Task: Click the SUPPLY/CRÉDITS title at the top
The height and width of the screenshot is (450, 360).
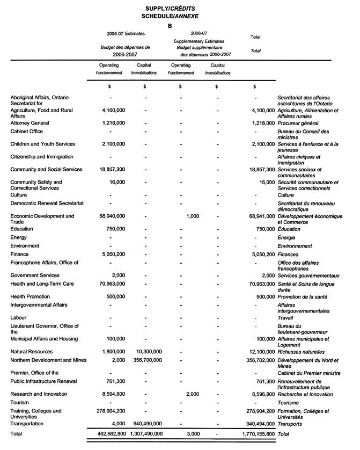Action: pos(170,9)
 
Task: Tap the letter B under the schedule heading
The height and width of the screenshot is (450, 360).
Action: pos(170,25)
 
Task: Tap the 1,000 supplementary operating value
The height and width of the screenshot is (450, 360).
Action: pos(192,216)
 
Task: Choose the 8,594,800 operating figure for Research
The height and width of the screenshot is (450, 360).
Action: pos(112,394)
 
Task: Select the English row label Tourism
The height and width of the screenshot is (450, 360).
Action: pos(20,402)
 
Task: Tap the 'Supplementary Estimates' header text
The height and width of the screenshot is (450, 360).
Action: pos(199,41)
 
